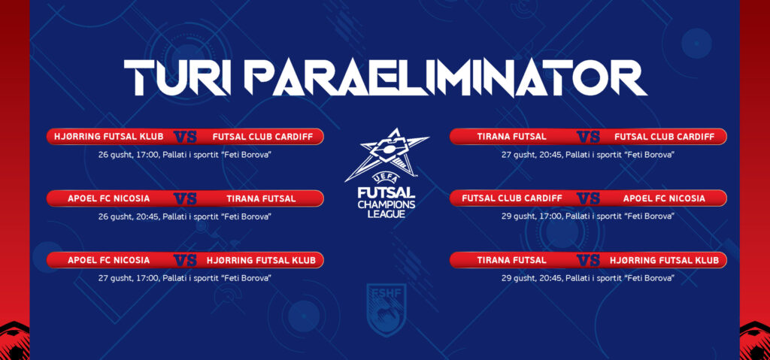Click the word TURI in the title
177,78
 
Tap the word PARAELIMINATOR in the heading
445,78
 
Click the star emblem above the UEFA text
387,153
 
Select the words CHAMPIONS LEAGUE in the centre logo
387,209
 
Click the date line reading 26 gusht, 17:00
185,155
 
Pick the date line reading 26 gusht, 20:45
185,216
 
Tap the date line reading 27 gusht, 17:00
185,278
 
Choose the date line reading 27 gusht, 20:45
588,155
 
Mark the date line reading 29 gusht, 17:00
588,216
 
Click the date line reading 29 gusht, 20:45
588,278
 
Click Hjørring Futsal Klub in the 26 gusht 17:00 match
108,137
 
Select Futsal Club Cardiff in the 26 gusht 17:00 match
262,137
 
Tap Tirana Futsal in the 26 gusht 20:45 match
261,198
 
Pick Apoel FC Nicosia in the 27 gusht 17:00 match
108,260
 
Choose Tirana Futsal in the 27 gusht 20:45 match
511,137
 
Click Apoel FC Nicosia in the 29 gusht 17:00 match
664,198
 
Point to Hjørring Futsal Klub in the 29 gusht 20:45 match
665,260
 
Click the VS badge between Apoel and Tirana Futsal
185,198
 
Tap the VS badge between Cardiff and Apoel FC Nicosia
588,198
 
